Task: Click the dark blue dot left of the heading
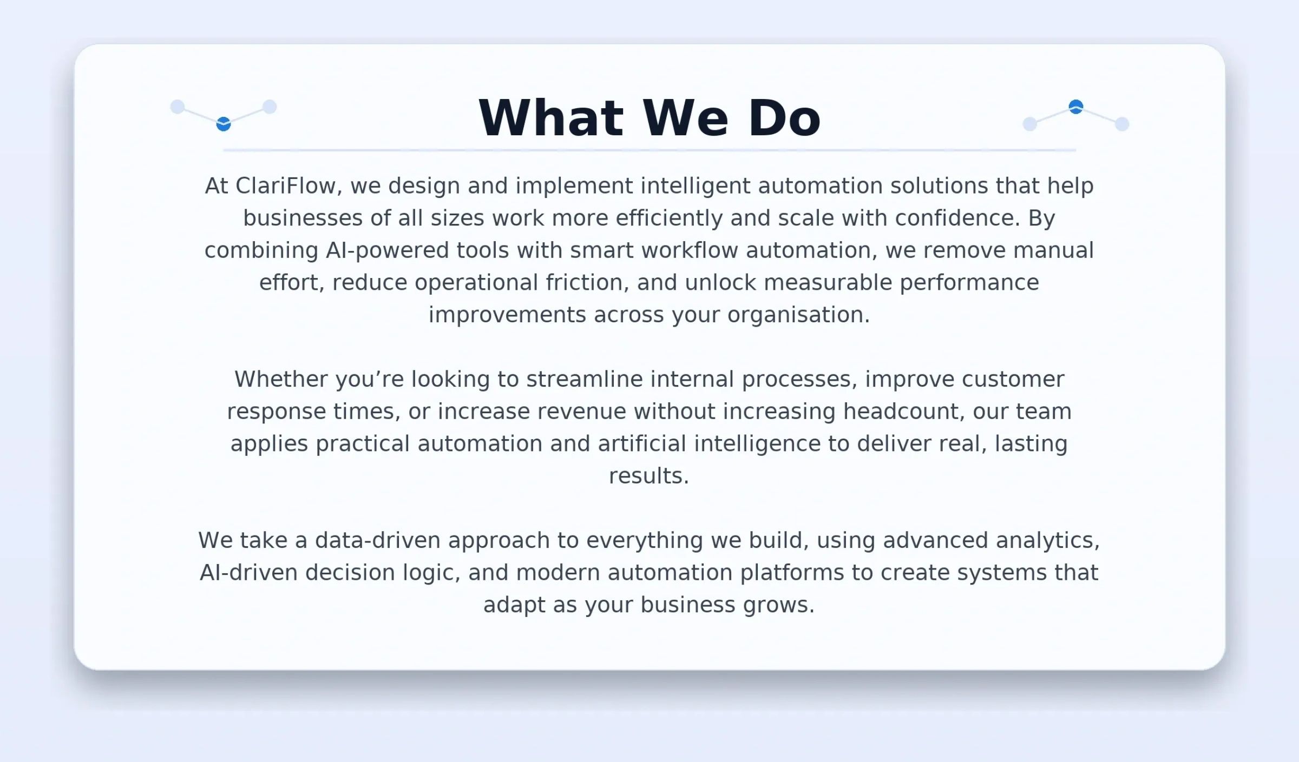tap(224, 124)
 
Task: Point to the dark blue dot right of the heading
tap(1076, 107)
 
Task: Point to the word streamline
tap(585, 379)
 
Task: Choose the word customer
tap(1013, 380)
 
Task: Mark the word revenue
tap(582, 412)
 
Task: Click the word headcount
tap(904, 412)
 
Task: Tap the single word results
tap(649, 476)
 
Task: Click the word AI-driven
tap(249, 573)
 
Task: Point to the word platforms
tap(792, 573)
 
